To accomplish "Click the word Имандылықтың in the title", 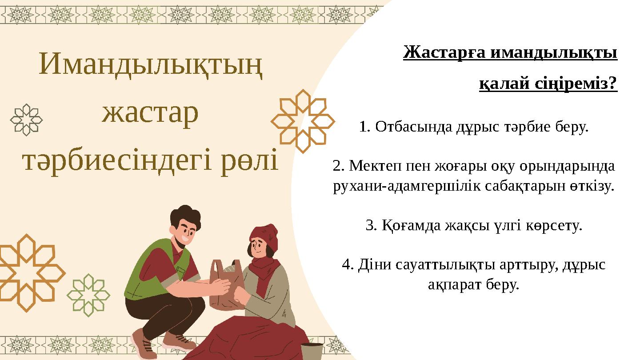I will click(150, 65).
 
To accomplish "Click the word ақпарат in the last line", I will click(449, 284).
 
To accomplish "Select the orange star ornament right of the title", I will click(303, 121).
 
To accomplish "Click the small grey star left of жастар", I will click(27, 119).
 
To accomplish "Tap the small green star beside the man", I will click(88, 295).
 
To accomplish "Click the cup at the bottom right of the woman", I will click(312, 351).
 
